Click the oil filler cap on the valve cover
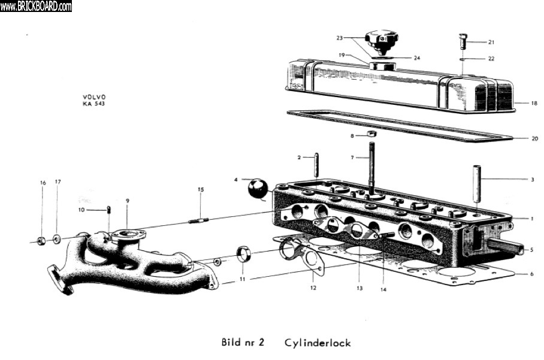[x=382, y=41]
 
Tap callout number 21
[x=491, y=42]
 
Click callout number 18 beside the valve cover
[x=533, y=103]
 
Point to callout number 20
[x=534, y=138]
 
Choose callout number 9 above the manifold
[x=128, y=200]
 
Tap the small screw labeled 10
[x=109, y=209]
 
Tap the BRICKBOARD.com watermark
[x=36, y=6]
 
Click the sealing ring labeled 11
[x=245, y=254]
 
